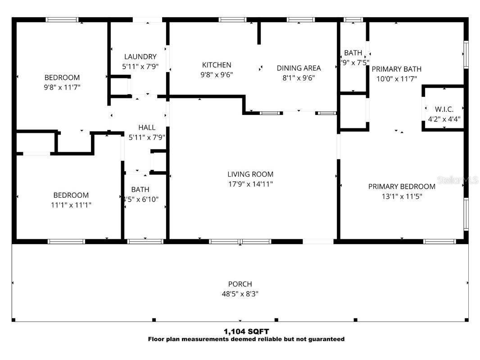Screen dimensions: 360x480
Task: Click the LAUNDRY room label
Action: pos(140,57)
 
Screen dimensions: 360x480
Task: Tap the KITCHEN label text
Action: pos(217,65)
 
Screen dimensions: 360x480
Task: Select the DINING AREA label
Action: pos(299,68)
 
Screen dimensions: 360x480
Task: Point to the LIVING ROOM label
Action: pos(250,174)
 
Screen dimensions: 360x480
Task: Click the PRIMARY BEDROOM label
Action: pos(402,187)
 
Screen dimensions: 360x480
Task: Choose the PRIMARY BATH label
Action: pos(396,69)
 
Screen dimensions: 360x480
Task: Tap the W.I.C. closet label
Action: pos(444,109)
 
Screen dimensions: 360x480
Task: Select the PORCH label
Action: pos(240,284)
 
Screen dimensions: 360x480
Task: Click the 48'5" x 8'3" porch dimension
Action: pos(240,294)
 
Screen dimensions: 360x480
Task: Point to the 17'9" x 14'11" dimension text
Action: pos(250,184)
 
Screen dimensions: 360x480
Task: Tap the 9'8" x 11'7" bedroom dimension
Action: pos(62,87)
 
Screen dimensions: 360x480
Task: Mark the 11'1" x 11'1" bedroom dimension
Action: pos(71,205)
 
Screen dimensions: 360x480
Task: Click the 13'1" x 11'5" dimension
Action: pos(402,196)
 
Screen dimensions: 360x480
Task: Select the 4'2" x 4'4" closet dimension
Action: pos(444,119)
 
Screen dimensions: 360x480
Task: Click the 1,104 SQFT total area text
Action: pos(246,332)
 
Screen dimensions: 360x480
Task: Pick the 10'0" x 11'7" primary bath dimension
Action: pos(396,79)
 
